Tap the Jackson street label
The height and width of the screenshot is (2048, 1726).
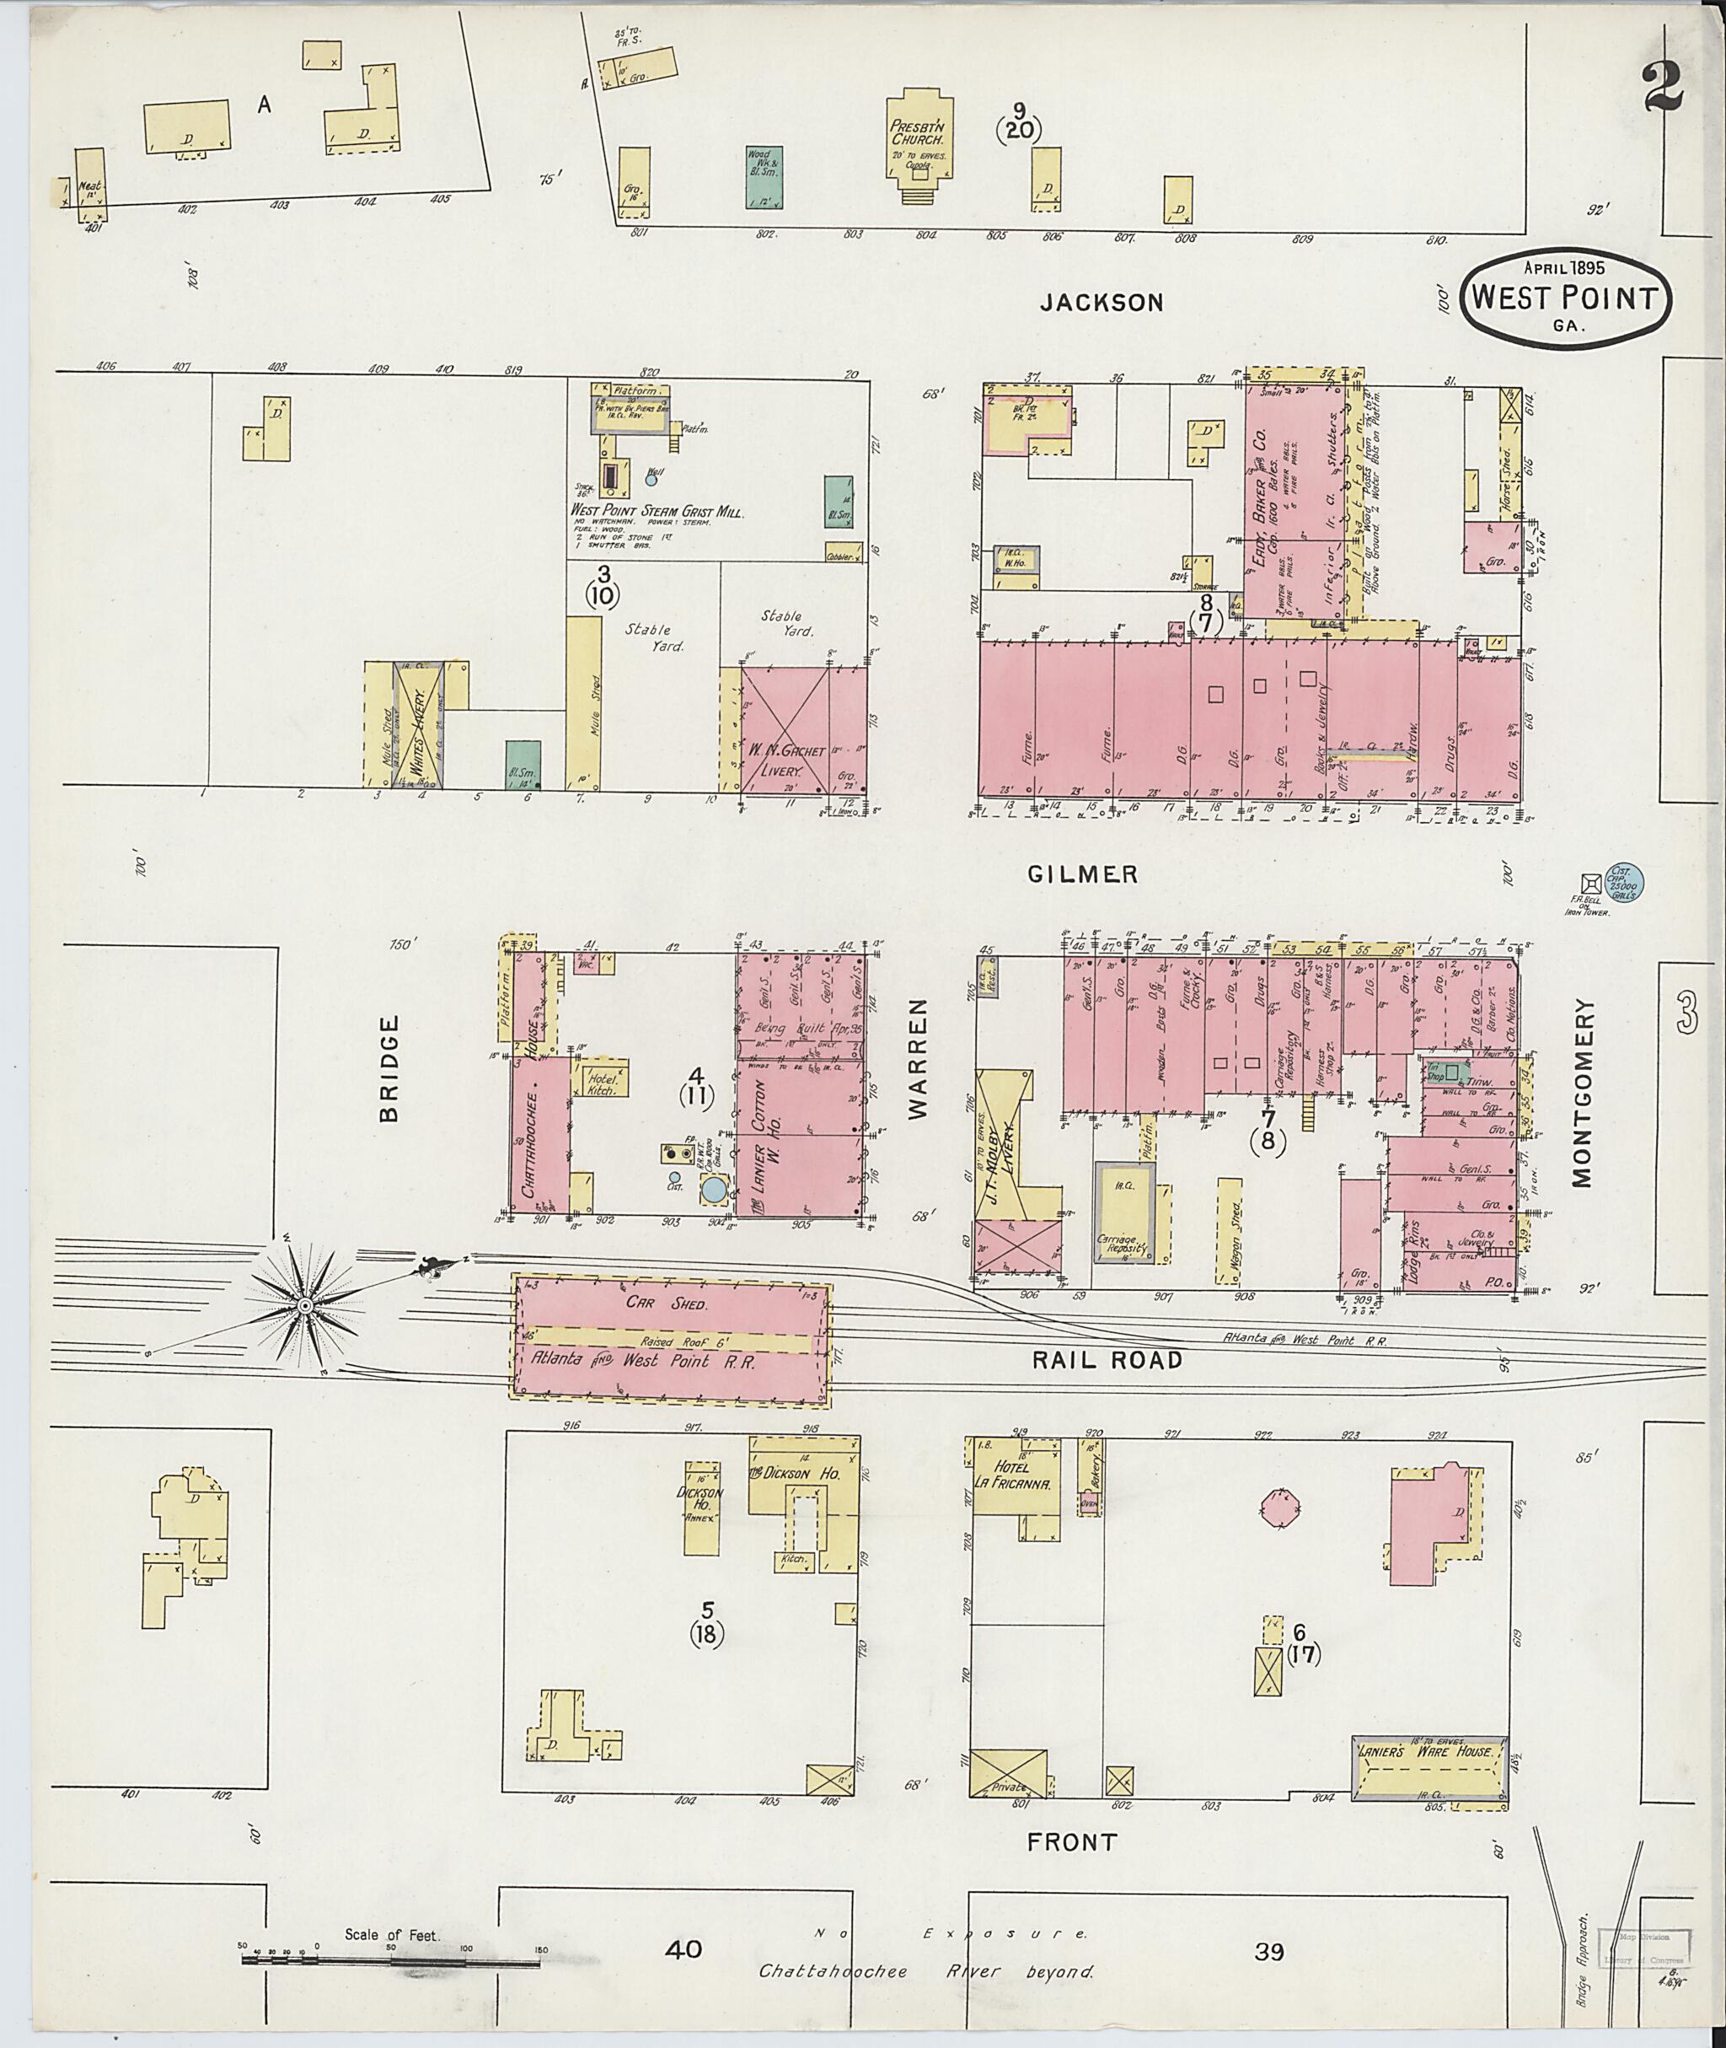(1102, 303)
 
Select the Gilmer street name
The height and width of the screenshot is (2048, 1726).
(1082, 874)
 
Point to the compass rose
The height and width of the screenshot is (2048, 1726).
(304, 1305)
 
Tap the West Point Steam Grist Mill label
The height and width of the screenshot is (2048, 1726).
(657, 512)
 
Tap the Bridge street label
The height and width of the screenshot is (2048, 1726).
(389, 1068)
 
